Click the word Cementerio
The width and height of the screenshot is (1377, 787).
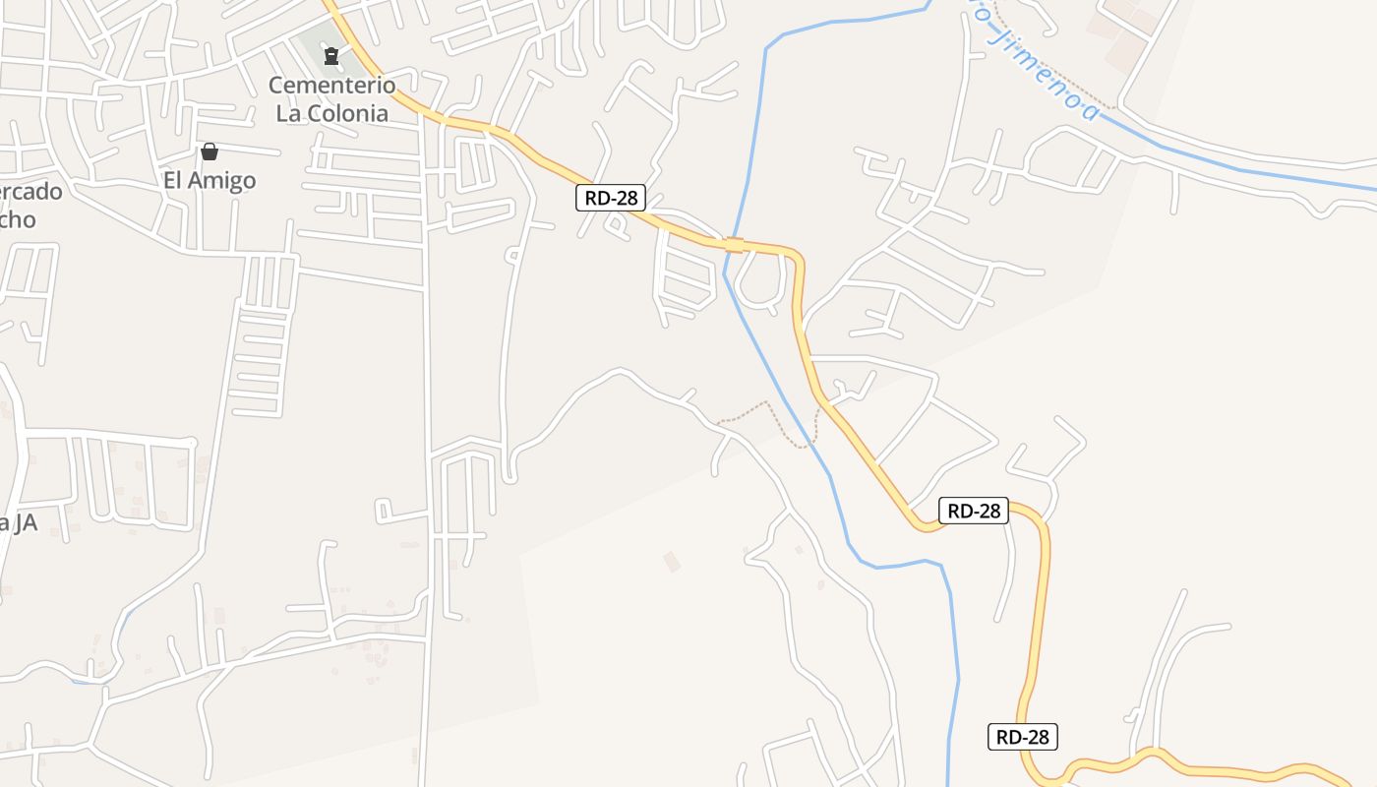331,86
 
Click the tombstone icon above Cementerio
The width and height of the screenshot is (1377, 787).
331,56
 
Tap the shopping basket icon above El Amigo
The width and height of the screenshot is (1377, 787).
210,151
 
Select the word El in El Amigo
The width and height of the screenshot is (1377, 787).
174,180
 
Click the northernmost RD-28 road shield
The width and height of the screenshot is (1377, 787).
611,198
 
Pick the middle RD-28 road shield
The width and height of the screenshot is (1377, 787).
974,511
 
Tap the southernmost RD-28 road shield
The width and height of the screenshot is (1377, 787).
1023,737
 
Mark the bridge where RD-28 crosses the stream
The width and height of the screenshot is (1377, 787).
734,244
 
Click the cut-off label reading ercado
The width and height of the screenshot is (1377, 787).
31,191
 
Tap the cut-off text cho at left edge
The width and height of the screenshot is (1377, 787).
18,218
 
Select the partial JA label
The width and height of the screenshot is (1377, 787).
18,522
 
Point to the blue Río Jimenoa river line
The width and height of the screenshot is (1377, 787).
1229,162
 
